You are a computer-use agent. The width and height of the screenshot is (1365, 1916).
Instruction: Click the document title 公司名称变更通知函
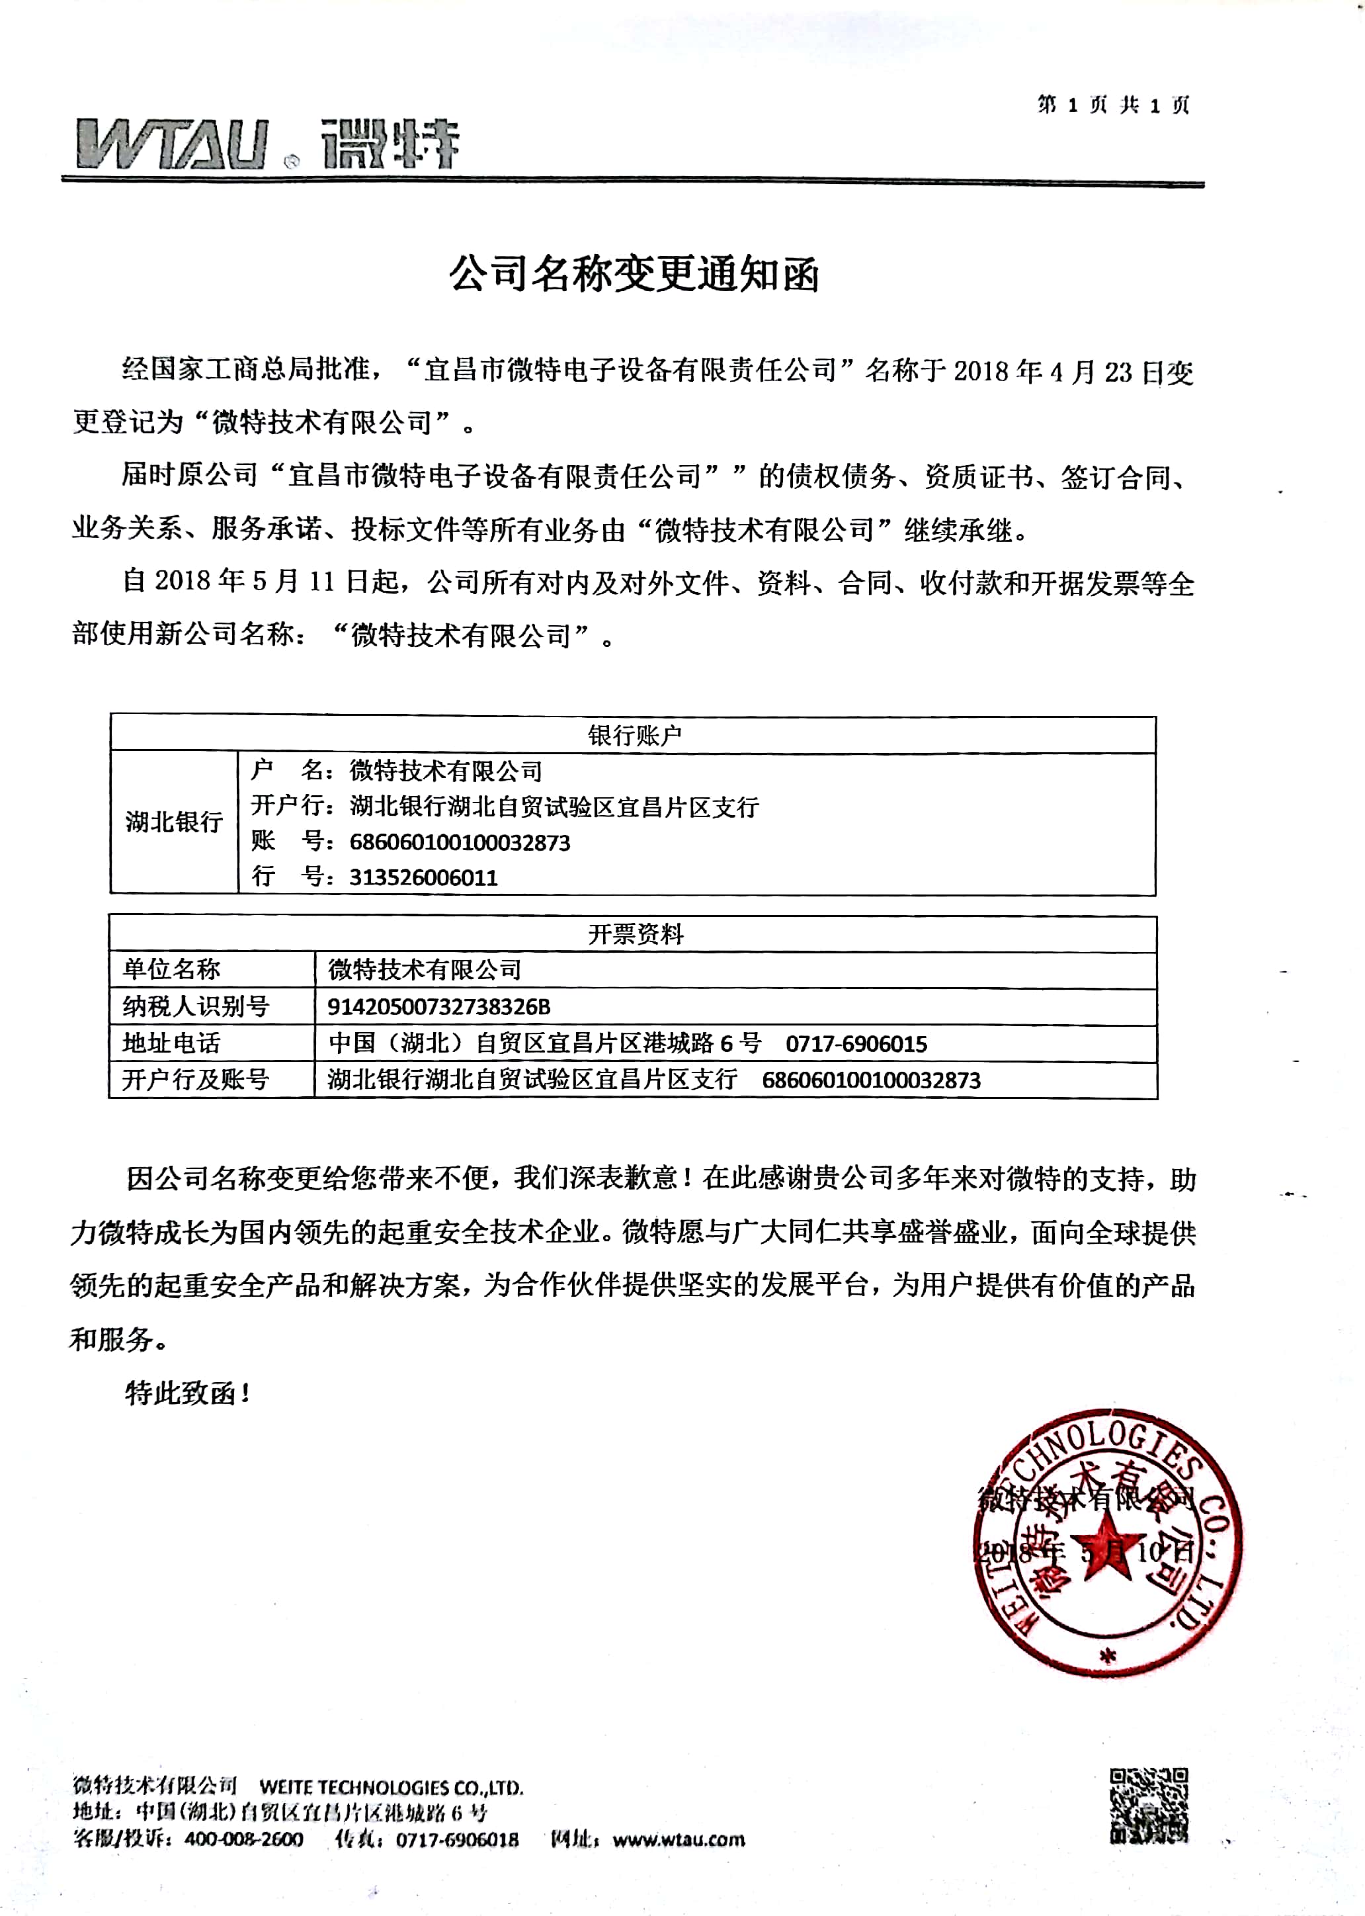coord(634,273)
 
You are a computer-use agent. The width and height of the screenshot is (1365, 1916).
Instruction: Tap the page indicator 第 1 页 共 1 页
coord(1114,105)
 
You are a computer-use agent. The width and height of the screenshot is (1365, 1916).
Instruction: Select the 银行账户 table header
coord(634,736)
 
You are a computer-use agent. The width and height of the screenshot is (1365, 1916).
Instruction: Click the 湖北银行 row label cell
coord(174,822)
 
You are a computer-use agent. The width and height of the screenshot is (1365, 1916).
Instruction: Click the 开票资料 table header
coord(635,934)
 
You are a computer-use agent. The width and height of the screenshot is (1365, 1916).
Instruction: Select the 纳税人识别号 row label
coord(195,1006)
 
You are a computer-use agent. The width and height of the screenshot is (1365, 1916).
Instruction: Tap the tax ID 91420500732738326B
coord(438,1006)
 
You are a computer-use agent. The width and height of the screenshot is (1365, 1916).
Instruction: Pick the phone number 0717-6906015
coord(856,1044)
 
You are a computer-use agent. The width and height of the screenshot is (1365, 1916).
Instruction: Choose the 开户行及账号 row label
coord(195,1080)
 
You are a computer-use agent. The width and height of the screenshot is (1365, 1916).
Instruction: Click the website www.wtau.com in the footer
coord(679,1839)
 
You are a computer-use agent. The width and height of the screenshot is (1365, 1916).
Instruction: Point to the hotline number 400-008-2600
coord(244,1839)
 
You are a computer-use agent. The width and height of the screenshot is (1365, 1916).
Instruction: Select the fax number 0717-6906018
coord(457,1839)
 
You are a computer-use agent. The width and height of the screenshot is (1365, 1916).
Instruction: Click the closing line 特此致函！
coord(187,1394)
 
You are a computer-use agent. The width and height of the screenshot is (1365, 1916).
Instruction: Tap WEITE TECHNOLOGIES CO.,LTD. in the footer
coord(391,1788)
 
